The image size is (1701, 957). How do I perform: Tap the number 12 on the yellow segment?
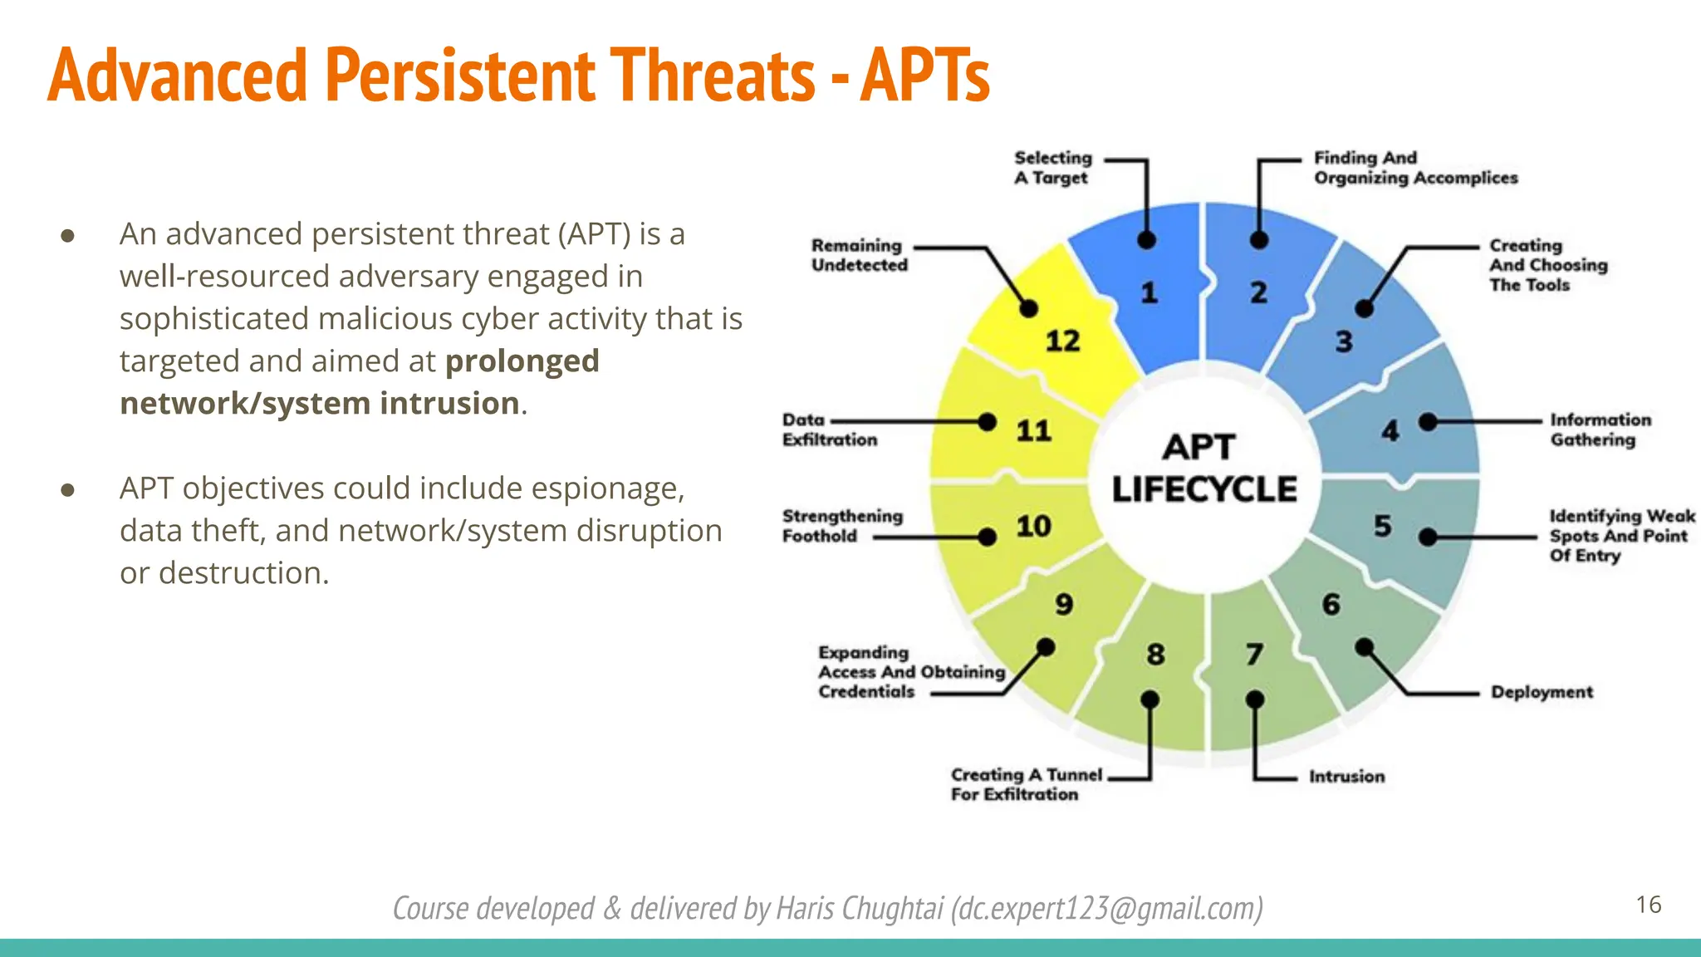(x=1062, y=341)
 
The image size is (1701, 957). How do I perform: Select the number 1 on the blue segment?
(x=1149, y=292)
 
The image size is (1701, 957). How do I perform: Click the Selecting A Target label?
(x=1052, y=168)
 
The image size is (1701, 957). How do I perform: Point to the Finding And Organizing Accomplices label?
(x=1414, y=168)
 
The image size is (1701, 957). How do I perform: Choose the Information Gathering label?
(x=1600, y=429)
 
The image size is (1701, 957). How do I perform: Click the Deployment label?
(x=1542, y=692)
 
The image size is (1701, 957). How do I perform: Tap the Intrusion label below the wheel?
(x=1346, y=777)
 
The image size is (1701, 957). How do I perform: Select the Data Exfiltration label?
(x=829, y=429)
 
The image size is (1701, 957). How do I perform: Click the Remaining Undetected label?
(x=859, y=255)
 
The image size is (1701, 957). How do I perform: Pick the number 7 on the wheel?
(x=1254, y=655)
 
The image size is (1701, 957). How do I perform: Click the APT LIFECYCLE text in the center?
(x=1203, y=469)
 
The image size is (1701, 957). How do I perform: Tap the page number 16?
(x=1648, y=905)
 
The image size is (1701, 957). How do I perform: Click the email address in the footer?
(x=1108, y=909)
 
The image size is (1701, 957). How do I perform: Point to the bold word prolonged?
(x=522, y=361)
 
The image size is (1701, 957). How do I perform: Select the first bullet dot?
(x=68, y=235)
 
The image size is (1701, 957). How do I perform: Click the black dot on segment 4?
(x=1428, y=422)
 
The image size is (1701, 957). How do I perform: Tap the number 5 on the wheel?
(x=1382, y=526)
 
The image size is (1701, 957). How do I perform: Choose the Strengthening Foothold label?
(x=841, y=526)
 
